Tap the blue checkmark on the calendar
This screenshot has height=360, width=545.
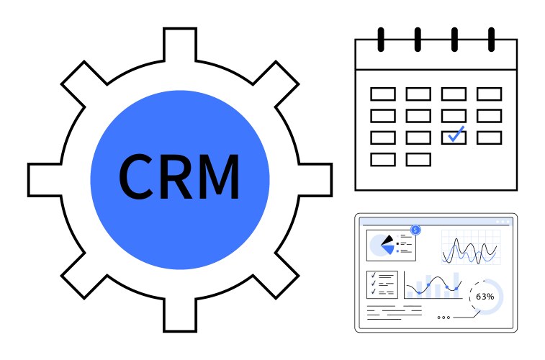tap(455, 135)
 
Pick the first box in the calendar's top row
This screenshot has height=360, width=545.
tap(382, 94)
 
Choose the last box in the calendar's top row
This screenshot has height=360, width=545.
tap(489, 94)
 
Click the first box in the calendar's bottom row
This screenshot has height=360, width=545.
tap(382, 159)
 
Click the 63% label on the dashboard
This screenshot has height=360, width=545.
tap(485, 297)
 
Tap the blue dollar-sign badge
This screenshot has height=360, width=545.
tap(415, 230)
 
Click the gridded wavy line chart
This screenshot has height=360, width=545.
tap(469, 247)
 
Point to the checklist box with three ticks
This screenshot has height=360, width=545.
tap(382, 284)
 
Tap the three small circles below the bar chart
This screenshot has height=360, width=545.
tap(443, 317)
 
